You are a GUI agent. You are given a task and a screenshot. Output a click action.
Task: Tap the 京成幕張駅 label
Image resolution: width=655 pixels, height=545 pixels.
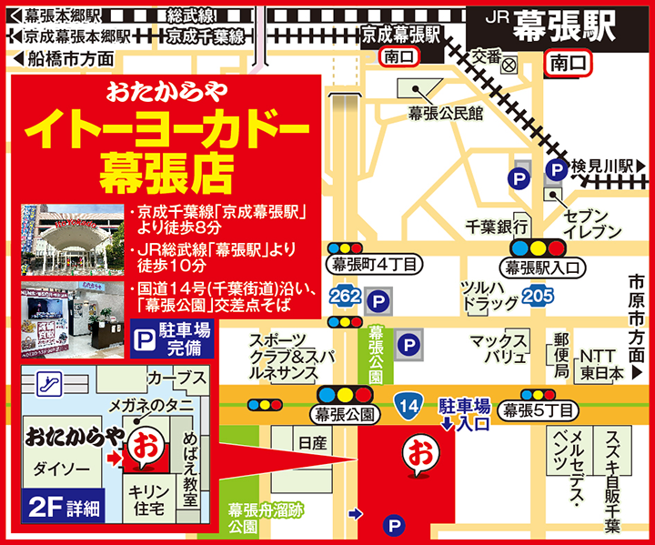tap(400, 33)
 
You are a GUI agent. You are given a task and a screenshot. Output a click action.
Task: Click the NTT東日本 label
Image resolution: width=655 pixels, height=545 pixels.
tap(602, 363)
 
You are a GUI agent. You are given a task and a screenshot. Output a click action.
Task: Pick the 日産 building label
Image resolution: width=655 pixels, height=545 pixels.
tap(312, 443)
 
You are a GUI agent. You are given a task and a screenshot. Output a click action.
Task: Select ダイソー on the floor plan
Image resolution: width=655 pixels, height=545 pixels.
tap(59, 469)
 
